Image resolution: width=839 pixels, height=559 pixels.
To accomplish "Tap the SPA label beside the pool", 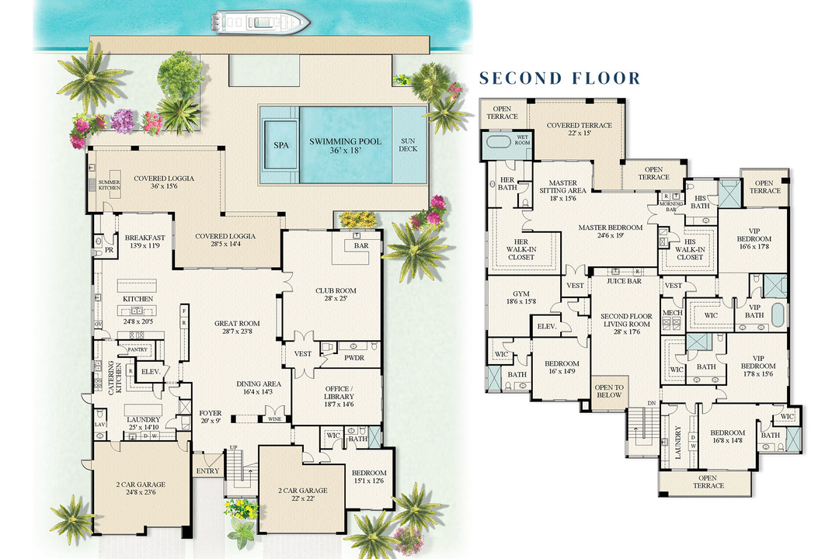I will pyautogui.click(x=280, y=145).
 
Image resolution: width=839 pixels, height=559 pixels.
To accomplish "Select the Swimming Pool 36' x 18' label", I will pyautogui.click(x=345, y=145).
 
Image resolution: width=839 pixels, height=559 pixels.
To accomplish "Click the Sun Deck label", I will pyautogui.click(x=407, y=145).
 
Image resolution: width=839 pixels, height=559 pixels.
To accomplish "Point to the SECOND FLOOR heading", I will pyautogui.click(x=559, y=78).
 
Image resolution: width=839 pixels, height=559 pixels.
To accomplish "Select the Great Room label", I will pyautogui.click(x=238, y=328).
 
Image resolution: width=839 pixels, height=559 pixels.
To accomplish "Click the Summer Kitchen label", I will pyautogui.click(x=109, y=186).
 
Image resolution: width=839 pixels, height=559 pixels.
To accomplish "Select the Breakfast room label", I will pyautogui.click(x=145, y=241).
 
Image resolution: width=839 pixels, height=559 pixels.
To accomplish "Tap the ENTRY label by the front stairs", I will pyautogui.click(x=207, y=472).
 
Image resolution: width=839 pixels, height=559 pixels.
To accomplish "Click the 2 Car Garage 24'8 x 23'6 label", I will pyautogui.click(x=141, y=489).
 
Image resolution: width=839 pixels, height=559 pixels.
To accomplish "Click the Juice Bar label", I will pyautogui.click(x=625, y=282).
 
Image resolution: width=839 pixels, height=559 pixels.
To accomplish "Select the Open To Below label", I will pyautogui.click(x=608, y=391).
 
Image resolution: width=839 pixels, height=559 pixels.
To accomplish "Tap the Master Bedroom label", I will pyautogui.click(x=610, y=232).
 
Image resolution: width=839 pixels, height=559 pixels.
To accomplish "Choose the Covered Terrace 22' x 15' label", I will pyautogui.click(x=579, y=130).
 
